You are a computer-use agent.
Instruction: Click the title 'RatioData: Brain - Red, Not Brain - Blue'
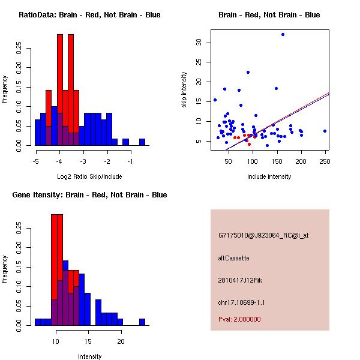pyautogui.click(x=89, y=15)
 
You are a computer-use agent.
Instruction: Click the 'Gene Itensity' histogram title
pyautogui.click(x=89, y=195)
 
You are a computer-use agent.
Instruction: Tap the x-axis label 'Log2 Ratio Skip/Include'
pyautogui.click(x=89, y=176)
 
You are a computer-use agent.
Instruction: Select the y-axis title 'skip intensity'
pyautogui.click(x=185, y=90)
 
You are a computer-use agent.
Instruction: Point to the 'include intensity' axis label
pyautogui.click(x=269, y=176)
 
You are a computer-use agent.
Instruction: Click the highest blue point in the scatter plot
pyautogui.click(x=283, y=35)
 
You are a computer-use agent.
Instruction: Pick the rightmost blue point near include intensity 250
pyautogui.click(x=325, y=131)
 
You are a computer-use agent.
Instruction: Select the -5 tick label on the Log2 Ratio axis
pyautogui.click(x=35, y=161)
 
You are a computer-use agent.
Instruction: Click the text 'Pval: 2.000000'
pyautogui.click(x=239, y=319)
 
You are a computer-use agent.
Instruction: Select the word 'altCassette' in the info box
pyautogui.click(x=233, y=258)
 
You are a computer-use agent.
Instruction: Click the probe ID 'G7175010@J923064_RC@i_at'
pyautogui.click(x=263, y=236)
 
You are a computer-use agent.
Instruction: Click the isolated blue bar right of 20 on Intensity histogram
pyautogui.click(x=142, y=322)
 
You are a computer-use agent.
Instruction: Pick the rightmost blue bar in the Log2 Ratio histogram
pyautogui.click(x=142, y=142)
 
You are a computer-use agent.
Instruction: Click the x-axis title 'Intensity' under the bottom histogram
pyautogui.click(x=89, y=356)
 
